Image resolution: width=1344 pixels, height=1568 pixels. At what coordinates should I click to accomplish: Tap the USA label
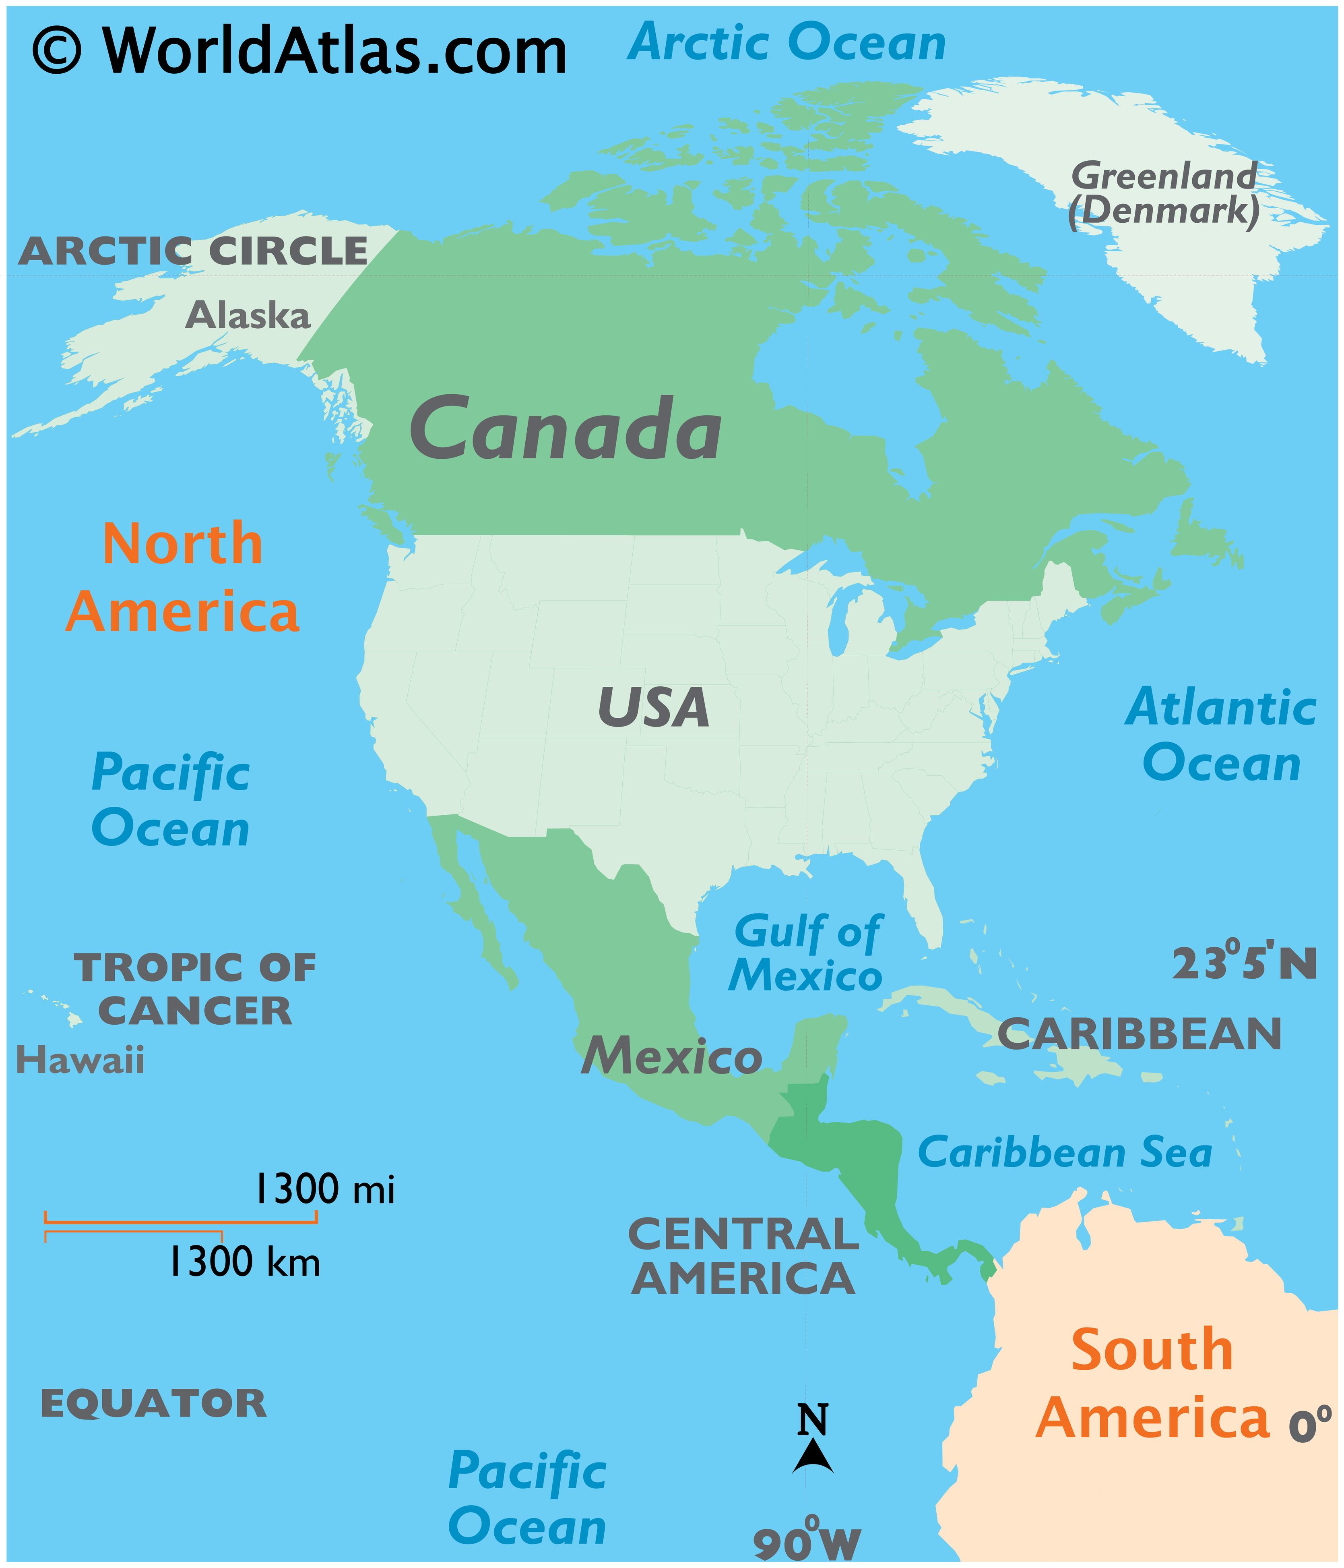click(x=653, y=708)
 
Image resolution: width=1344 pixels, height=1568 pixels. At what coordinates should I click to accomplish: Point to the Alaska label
click(x=248, y=315)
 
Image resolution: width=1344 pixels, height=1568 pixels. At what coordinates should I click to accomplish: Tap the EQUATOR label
click(x=153, y=1404)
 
